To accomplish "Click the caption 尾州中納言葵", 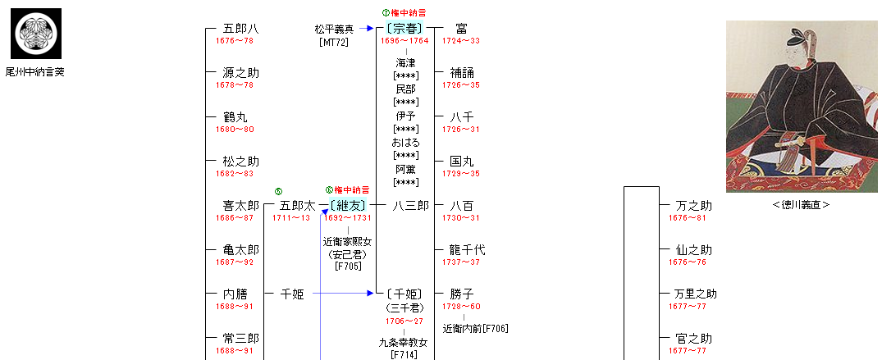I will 34,72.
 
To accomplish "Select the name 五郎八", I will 240,29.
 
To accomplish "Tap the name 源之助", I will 240,73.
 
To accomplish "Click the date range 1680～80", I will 234,130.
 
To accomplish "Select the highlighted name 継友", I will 348,205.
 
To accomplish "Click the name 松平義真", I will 334,29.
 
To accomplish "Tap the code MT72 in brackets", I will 334,42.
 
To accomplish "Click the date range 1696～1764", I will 405,41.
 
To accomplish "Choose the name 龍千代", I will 468,250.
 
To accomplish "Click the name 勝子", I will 462,294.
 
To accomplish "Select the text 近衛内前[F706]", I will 475,329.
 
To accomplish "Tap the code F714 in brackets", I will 404,354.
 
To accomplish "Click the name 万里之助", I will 695,294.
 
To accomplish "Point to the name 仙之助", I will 693,250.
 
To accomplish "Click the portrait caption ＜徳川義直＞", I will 801,205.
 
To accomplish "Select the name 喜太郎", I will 240,206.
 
